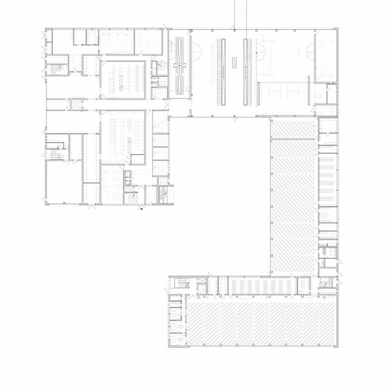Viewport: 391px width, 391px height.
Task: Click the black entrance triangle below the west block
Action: click(x=142, y=208)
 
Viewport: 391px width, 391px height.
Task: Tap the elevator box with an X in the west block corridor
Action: click(x=75, y=104)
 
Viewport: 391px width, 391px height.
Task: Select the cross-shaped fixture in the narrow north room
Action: click(x=180, y=66)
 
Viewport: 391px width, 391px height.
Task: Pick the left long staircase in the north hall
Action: click(x=221, y=71)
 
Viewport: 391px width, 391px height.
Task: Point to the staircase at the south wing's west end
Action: click(x=182, y=284)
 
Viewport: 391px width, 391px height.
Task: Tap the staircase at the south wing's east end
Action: click(x=328, y=284)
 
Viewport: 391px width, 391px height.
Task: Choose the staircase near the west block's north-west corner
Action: click(x=56, y=69)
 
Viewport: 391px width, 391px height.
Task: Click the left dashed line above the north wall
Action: click(x=235, y=14)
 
